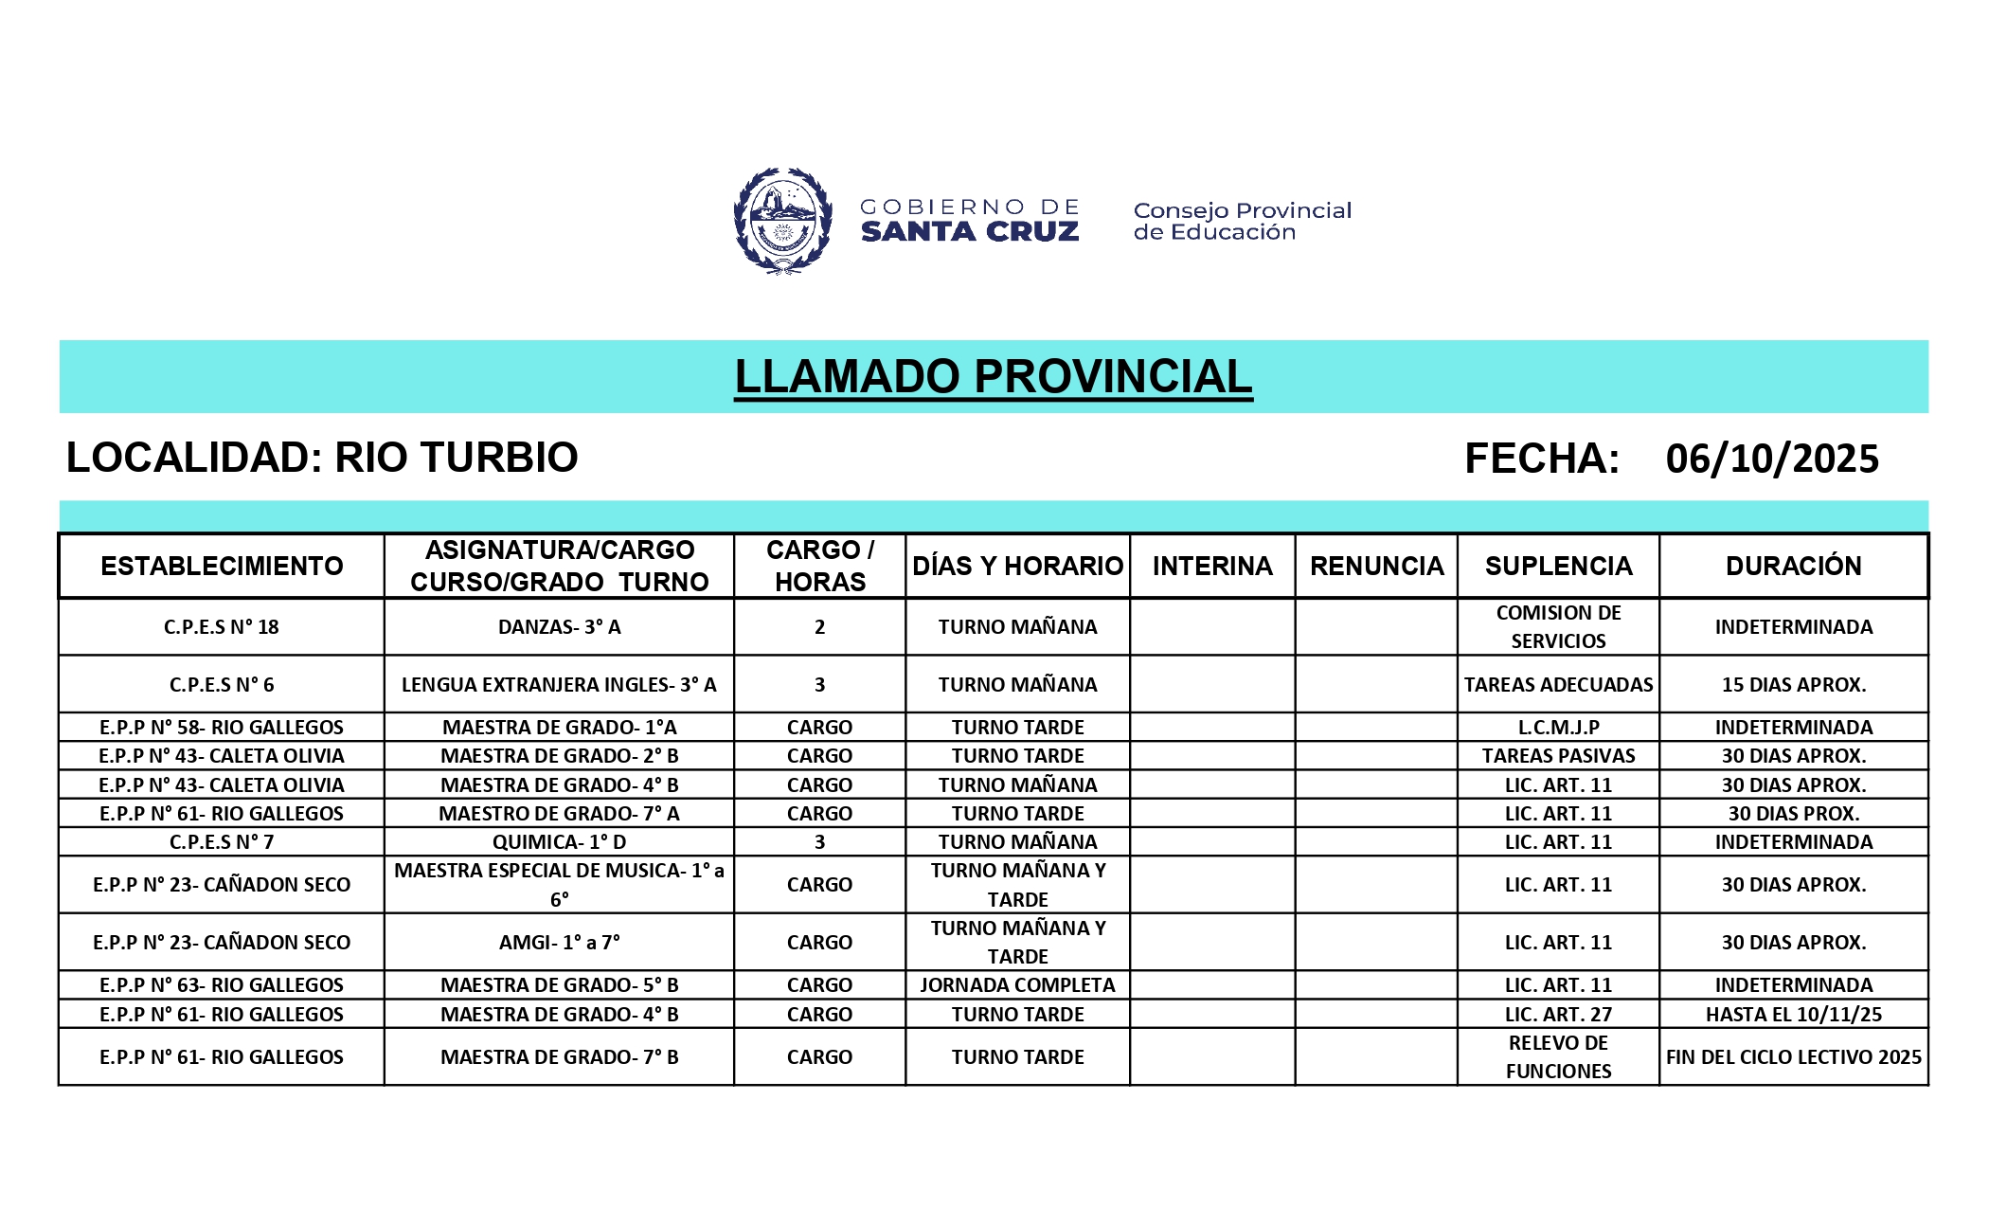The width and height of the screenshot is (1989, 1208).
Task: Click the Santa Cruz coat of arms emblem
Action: coord(782,221)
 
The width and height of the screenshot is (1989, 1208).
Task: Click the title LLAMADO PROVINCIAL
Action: coord(994,376)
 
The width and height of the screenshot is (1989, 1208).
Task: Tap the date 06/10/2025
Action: coord(1772,459)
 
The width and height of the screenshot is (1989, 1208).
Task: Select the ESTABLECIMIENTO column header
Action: coord(222,566)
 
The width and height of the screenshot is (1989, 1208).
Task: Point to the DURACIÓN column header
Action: coord(1793,566)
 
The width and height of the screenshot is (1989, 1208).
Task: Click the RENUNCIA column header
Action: coord(1376,566)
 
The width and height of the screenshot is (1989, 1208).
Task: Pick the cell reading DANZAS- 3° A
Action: coord(559,626)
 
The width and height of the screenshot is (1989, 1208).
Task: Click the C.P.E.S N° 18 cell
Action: coord(222,626)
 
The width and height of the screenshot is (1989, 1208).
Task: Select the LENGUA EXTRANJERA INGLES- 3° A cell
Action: coord(559,684)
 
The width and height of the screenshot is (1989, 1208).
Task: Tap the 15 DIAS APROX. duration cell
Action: coord(1793,684)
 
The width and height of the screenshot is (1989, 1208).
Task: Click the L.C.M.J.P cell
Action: coord(1558,727)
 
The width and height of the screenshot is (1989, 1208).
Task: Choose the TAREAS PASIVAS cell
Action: coord(1558,755)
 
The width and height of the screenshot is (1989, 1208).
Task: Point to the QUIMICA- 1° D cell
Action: coord(559,841)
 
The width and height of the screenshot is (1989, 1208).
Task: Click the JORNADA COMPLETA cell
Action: coord(1017,984)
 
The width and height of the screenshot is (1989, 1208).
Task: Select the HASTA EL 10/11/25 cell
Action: coord(1793,1014)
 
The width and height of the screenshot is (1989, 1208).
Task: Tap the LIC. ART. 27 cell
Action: coord(1558,1014)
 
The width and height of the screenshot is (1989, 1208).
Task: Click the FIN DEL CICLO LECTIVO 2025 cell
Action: coord(1793,1056)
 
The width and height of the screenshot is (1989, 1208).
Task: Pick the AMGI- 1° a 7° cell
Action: coord(559,942)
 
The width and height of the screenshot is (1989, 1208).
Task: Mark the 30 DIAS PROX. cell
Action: coord(1793,813)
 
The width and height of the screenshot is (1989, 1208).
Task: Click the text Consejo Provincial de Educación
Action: coord(1242,221)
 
